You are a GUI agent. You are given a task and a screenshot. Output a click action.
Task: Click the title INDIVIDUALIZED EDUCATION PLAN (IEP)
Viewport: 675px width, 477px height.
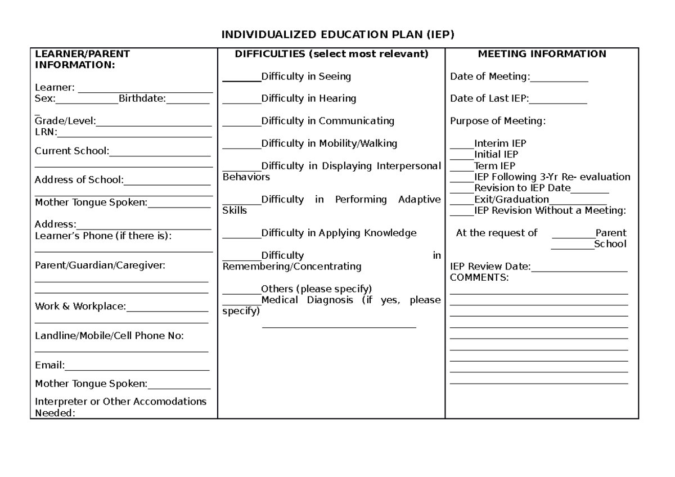coord(337,35)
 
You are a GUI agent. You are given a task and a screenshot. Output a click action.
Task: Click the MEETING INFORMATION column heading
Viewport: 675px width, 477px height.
coord(542,55)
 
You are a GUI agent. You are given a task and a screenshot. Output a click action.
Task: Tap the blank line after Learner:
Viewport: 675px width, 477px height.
coord(145,88)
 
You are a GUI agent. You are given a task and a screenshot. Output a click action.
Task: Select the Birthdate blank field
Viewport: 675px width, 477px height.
coord(188,100)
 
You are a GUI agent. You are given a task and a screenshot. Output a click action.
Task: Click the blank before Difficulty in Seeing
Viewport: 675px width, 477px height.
coord(242,77)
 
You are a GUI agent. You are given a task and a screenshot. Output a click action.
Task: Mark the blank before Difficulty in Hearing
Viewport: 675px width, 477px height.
coord(242,100)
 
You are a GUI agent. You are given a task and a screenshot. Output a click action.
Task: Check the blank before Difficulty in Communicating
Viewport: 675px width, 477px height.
coord(242,122)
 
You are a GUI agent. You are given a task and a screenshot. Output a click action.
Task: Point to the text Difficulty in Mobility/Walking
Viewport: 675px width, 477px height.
coord(329,143)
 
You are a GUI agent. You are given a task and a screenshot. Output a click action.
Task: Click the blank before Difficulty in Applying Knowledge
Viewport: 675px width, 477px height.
coord(242,234)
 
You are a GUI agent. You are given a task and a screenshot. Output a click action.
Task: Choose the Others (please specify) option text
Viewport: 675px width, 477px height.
coord(316,289)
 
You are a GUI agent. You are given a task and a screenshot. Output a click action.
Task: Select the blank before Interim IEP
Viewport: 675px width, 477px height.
coord(462,145)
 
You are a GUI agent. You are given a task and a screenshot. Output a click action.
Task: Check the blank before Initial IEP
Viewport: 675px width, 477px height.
coord(462,155)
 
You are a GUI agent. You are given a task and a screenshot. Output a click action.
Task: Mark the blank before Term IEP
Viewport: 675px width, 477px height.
coord(462,166)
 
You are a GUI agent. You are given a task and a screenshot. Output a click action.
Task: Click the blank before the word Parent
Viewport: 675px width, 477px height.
coord(573,234)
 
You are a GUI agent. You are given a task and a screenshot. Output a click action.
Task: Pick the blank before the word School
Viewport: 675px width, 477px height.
coord(572,245)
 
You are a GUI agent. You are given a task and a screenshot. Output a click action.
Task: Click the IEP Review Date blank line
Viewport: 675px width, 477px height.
coord(579,268)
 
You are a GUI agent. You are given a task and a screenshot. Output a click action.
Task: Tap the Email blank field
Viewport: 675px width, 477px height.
coord(137,367)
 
